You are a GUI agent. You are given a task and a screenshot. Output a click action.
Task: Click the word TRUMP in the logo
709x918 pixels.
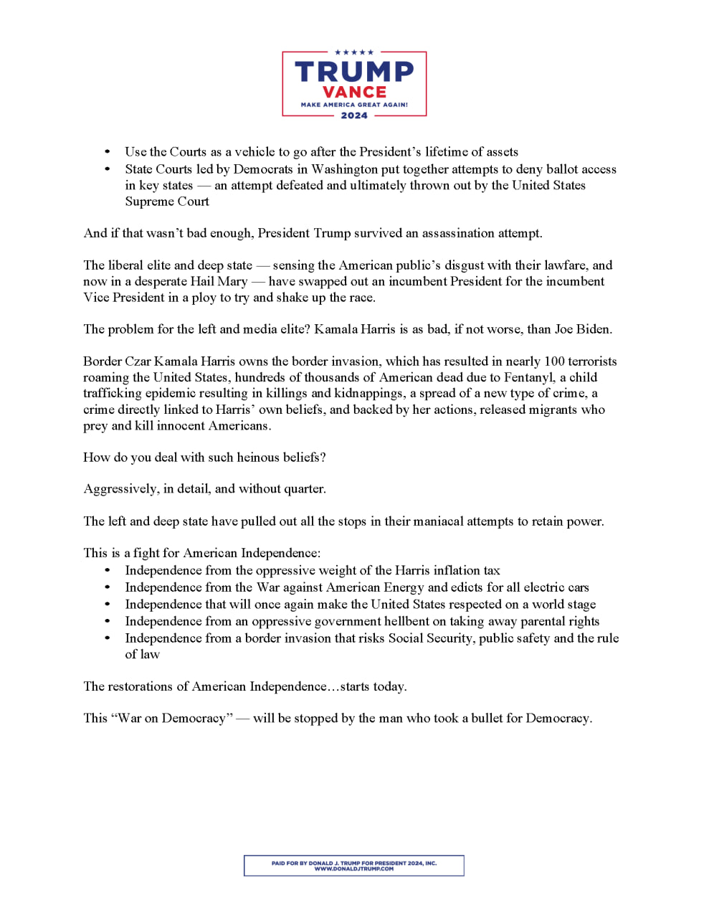click(354, 72)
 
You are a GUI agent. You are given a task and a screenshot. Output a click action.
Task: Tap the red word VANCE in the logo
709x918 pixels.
click(354, 93)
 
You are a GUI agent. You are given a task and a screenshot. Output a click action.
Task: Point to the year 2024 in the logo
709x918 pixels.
click(354, 115)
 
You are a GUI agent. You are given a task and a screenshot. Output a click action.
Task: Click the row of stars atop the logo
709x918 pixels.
click(354, 52)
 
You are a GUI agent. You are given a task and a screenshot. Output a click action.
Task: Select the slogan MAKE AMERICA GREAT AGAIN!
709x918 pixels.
click(354, 105)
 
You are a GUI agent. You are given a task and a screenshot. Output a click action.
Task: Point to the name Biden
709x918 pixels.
click(594, 329)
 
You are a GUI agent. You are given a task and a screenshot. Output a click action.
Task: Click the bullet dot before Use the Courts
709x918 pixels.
click(108, 152)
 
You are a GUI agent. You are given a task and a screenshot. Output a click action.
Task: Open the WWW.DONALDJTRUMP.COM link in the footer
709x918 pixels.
click(354, 869)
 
